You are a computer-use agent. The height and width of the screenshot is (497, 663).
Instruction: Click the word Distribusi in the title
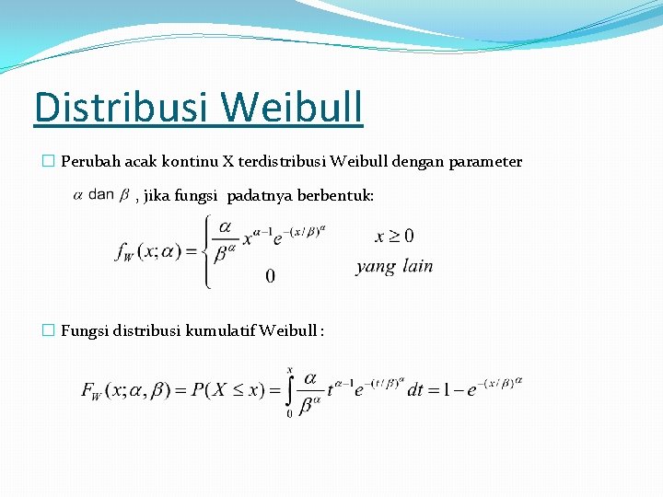121,108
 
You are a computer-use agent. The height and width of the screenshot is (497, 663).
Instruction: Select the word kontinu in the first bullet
190,162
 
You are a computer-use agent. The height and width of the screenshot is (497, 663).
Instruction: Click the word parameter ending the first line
485,162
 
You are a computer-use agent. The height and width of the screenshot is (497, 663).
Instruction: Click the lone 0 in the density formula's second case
270,276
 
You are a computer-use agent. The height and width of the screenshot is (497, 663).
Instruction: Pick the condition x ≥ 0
394,237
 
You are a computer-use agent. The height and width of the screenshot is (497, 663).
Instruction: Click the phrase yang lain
394,267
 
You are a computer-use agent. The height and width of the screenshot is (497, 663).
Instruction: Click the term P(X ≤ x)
232,391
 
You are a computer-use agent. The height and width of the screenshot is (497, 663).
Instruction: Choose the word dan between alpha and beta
103,193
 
